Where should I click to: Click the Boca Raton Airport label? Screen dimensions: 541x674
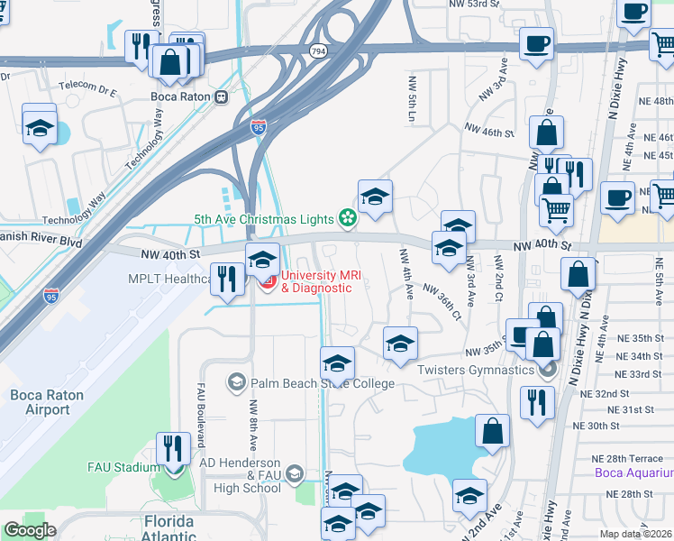(41, 402)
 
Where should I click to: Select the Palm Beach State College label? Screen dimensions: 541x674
(323, 383)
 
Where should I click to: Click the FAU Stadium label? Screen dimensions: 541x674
(123, 467)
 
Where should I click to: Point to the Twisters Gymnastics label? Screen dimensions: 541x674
(476, 370)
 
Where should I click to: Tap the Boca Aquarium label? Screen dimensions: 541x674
(634, 472)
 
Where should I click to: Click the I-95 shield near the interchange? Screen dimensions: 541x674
(259, 127)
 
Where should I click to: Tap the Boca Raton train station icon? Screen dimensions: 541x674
(221, 96)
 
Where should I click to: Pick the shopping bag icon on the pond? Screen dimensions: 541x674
(492, 432)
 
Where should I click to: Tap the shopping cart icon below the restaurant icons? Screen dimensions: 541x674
(556, 209)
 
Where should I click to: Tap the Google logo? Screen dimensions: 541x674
(29, 530)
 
